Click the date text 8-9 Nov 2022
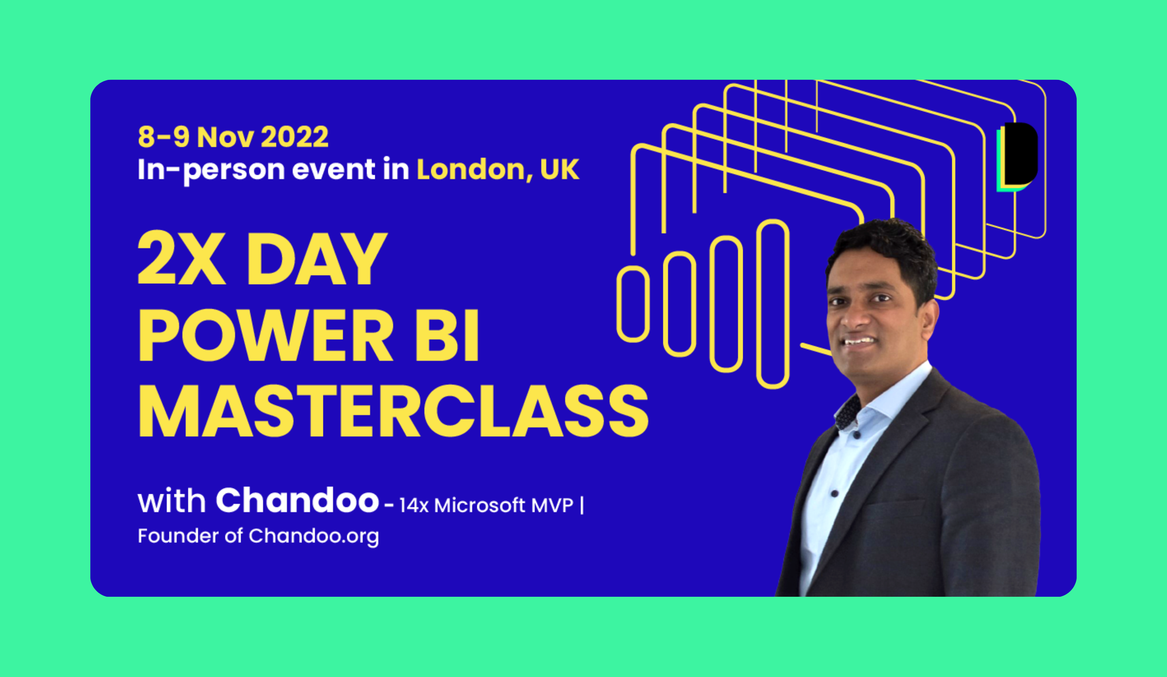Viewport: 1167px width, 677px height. [x=233, y=137]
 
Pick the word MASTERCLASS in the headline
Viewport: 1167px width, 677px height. [x=393, y=411]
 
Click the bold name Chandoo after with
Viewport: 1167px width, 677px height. [x=297, y=500]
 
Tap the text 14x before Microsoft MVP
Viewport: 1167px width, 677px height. [x=414, y=506]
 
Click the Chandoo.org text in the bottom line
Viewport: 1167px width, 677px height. [x=314, y=536]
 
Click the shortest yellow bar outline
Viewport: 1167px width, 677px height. [x=633, y=304]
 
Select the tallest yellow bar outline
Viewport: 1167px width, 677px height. [x=772, y=304]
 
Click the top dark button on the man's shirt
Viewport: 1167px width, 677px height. [x=856, y=435]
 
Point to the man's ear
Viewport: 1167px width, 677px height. [x=929, y=318]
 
